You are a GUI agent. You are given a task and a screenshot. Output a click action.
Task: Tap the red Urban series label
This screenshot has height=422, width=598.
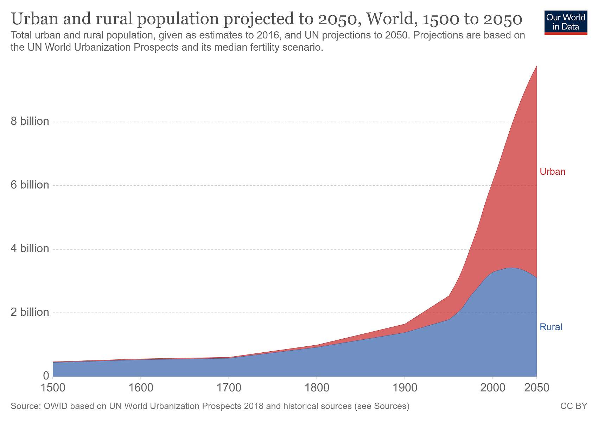pos(552,172)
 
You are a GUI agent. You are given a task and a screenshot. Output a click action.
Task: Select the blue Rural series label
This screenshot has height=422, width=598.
pos(551,327)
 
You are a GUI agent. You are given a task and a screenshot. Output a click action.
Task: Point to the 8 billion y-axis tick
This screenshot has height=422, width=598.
pos(30,122)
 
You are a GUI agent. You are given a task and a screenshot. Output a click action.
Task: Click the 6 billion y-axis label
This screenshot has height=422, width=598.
pos(30,185)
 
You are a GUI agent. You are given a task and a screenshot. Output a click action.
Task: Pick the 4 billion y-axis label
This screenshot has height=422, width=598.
pos(30,249)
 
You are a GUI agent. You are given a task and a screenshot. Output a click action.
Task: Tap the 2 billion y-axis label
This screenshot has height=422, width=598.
pos(30,312)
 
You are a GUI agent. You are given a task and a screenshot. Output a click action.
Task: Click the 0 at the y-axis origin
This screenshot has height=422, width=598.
pos(46,376)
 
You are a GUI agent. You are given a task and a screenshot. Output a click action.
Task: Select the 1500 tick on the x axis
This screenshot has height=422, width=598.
pos(53,388)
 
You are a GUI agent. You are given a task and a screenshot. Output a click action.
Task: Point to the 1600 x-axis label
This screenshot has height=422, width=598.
pos(141,388)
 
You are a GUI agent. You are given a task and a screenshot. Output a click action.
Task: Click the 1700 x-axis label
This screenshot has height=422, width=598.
pos(229,388)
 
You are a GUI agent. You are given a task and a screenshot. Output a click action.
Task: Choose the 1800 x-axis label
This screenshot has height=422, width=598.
pos(317,388)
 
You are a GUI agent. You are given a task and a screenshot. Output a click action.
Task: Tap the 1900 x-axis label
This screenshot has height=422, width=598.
pos(405,388)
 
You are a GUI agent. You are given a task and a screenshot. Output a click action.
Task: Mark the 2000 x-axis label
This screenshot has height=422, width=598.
pos(492,388)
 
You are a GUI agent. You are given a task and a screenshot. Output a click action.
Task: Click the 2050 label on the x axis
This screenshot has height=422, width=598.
pos(536,388)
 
